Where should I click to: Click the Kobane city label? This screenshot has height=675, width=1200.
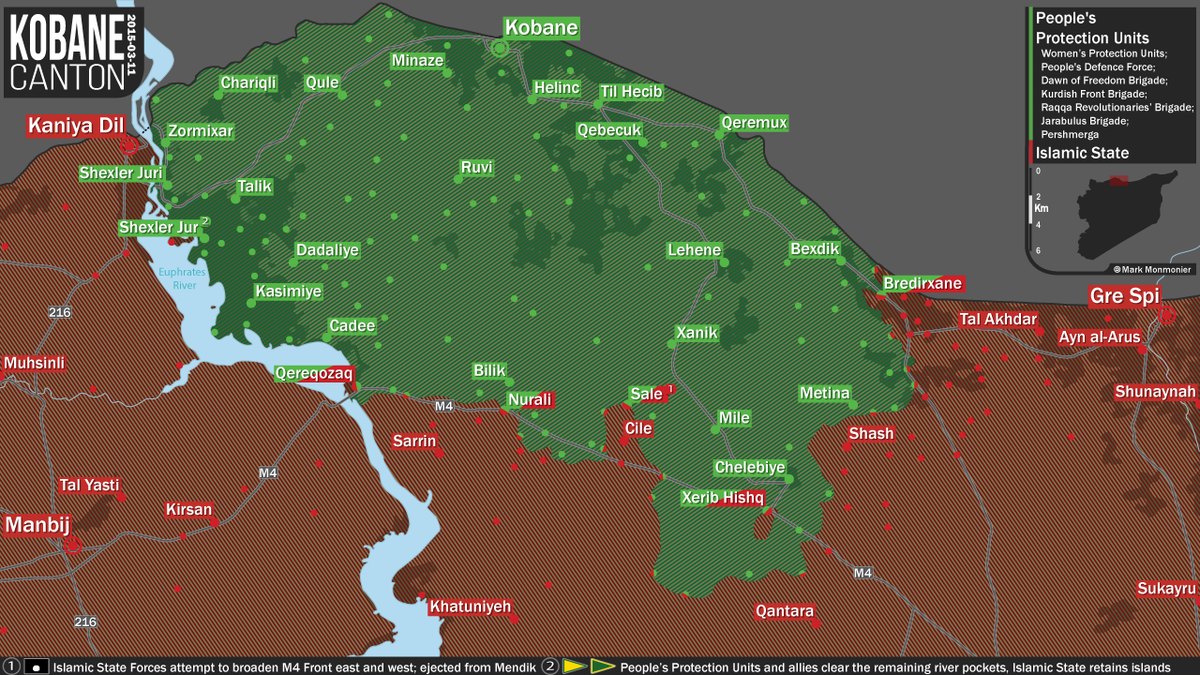[540, 27]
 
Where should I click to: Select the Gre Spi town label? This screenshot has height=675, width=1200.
[1132, 297]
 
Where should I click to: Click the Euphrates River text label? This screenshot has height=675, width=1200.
[181, 278]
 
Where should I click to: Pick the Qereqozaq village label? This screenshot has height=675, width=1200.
[314, 374]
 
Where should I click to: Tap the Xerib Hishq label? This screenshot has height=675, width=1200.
[722, 497]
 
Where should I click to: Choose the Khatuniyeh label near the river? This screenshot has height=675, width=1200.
[470, 607]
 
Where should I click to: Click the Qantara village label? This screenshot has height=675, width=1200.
[785, 611]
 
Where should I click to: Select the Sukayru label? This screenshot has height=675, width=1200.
[1166, 589]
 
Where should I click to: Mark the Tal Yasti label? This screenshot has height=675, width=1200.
[89, 485]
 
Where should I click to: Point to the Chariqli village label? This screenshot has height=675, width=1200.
[248, 84]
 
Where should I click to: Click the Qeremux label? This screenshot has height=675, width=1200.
[754, 123]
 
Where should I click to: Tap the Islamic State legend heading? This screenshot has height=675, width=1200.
[1082, 153]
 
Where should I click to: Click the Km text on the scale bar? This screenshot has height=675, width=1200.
[1041, 209]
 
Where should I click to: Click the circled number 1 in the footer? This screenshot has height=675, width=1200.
[12, 665]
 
